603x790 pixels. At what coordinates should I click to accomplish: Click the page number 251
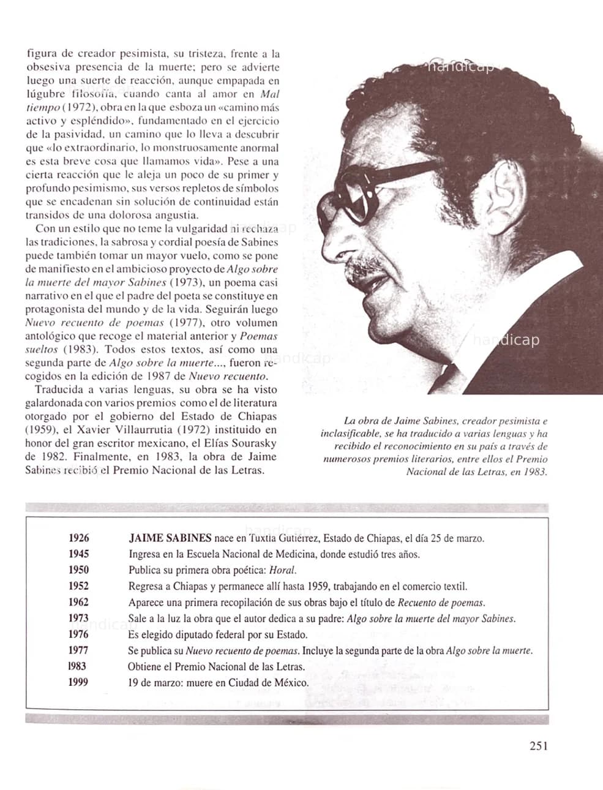point(538,745)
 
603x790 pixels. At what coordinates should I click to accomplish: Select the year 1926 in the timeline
point(78,538)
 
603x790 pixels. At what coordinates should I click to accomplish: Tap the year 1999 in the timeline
point(78,682)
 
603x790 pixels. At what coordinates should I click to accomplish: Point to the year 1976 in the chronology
point(78,634)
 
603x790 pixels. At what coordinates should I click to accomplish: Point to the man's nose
point(334,245)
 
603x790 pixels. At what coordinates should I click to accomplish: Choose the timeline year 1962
point(78,602)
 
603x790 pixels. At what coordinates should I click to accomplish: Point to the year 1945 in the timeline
point(78,554)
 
